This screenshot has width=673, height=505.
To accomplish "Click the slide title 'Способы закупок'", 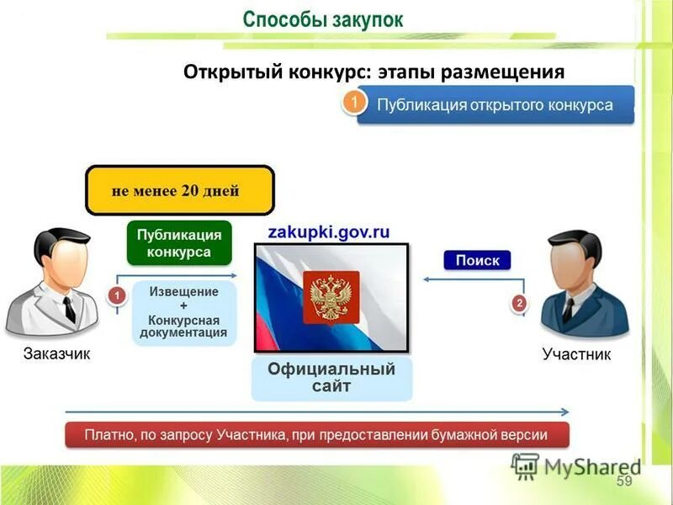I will pos(323,19).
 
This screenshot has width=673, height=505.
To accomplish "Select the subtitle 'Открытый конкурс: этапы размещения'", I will pos(374,72).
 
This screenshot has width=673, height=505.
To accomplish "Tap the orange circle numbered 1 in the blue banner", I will pos(354,104).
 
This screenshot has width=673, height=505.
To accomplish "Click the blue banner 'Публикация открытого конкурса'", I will pos(495,105).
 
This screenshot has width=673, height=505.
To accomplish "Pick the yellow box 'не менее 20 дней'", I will pos(180,190).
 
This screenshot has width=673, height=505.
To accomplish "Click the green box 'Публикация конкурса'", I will pos(179,243).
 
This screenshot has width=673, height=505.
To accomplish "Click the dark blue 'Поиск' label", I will pos(477,260).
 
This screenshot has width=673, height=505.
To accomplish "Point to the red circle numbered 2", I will pos(519,301).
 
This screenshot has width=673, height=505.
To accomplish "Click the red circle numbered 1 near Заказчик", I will pos(117,295).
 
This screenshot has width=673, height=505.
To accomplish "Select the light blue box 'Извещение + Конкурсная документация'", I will pos(183,312).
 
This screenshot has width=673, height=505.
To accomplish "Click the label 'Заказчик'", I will pos(56,353).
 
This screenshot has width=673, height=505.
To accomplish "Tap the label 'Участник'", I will pos(577,354).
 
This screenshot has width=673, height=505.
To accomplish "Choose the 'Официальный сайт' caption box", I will pos(331,378).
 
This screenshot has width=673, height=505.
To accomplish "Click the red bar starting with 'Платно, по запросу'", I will pos(317,435).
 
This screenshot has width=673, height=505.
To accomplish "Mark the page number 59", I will pos(624,481).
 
